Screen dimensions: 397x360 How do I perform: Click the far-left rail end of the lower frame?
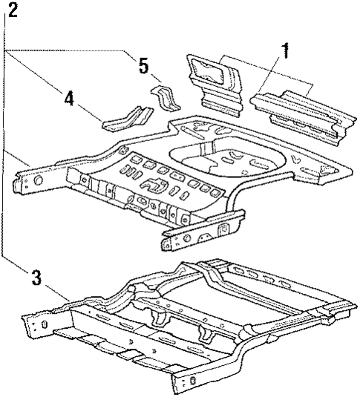[37, 323]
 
